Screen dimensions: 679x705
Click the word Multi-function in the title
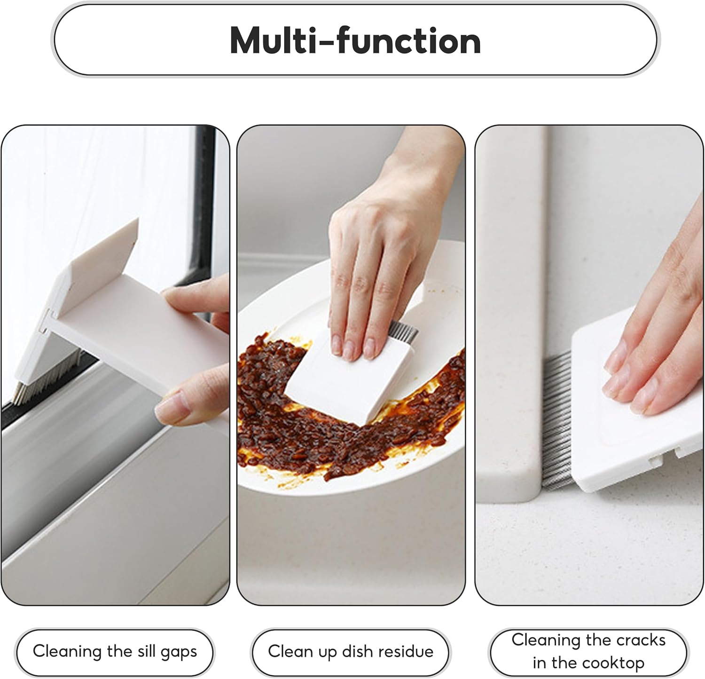tap(355, 41)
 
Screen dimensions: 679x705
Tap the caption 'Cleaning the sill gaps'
tap(115, 652)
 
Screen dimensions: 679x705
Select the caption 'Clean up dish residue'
tap(351, 652)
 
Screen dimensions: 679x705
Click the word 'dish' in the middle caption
tap(358, 652)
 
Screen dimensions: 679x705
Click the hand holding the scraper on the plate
tap(376, 263)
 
